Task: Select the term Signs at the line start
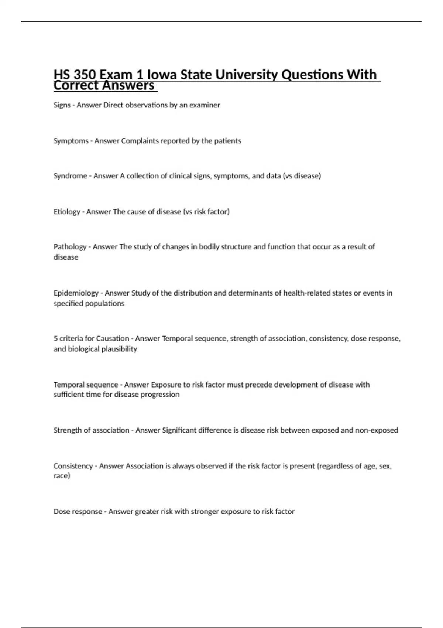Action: pos(62,105)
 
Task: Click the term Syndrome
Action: pos(71,176)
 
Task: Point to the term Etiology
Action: pos(67,212)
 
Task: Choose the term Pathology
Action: pos(70,247)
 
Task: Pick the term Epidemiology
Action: pos(76,293)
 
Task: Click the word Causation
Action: pos(113,338)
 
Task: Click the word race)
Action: pos(62,476)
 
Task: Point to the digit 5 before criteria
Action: pos(56,338)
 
